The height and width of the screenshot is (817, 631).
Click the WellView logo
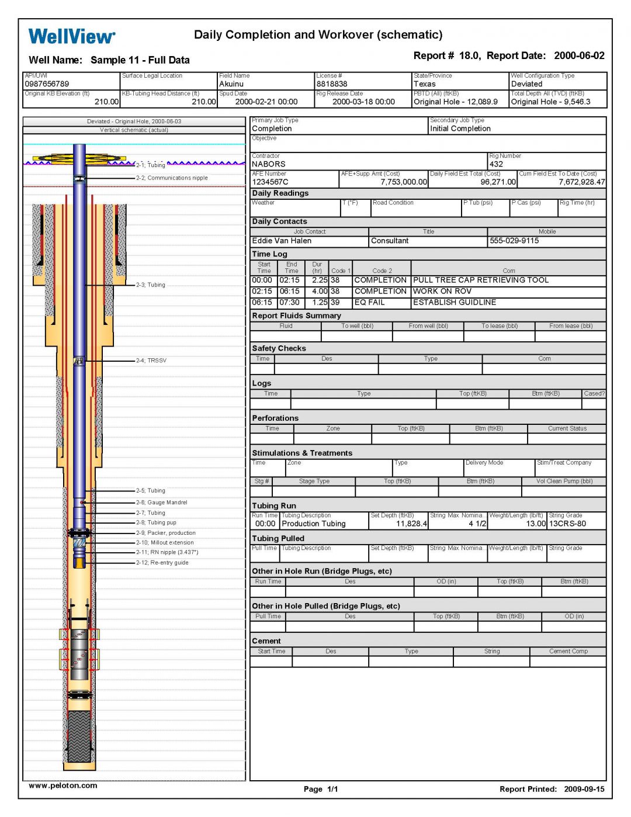tap(72, 36)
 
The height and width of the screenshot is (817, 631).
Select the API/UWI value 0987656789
tap(47, 84)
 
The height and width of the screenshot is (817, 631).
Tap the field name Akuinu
tap(231, 84)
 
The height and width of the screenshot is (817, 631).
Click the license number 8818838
tap(332, 84)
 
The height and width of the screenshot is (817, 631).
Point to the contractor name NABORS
tap(269, 164)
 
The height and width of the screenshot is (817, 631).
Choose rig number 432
tap(496, 164)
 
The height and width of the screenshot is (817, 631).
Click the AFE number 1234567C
tap(270, 182)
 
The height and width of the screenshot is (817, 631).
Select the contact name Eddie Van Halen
tap(282, 241)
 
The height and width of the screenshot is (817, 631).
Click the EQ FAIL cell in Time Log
tap(369, 303)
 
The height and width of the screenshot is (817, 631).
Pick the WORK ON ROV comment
tap(442, 291)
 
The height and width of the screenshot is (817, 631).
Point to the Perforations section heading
tap(275, 418)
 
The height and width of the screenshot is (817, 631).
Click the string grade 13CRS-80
tap(567, 524)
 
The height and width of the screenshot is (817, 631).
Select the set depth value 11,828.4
tap(411, 524)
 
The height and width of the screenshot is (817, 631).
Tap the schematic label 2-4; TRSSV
tap(151, 361)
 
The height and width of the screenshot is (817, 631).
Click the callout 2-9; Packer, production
tap(166, 533)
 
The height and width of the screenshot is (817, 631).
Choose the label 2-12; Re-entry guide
tap(162, 563)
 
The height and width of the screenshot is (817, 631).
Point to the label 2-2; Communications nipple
tap(172, 178)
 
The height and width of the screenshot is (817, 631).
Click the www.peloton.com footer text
tap(63, 786)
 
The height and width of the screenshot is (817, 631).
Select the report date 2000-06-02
tap(579, 56)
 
